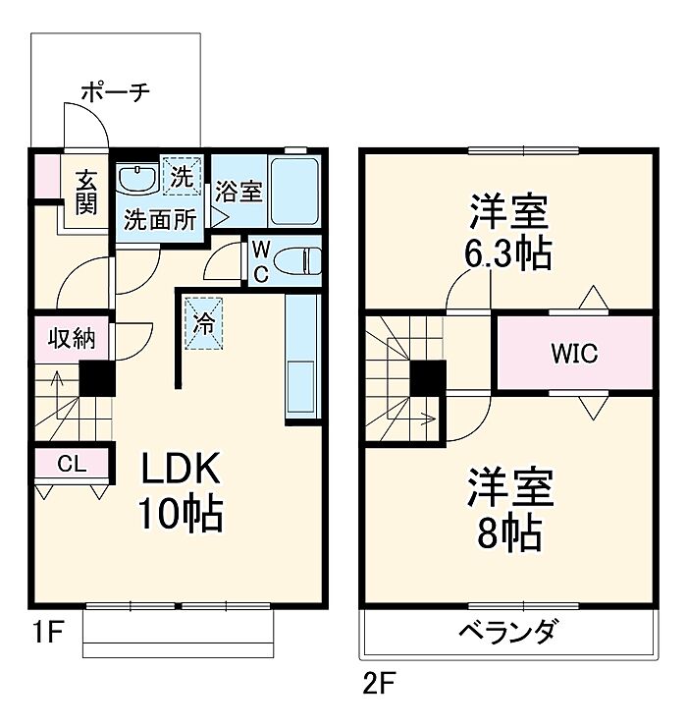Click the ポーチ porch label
click(x=116, y=91)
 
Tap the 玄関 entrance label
click(x=86, y=192)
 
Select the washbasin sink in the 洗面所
click(x=137, y=179)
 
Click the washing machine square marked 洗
click(x=182, y=176)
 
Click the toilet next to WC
click(x=297, y=261)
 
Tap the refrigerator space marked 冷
click(x=204, y=323)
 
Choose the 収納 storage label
click(x=72, y=339)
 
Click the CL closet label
click(x=72, y=463)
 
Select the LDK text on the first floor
click(x=182, y=469)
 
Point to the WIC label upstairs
click(x=574, y=354)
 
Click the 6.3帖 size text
click(x=508, y=253)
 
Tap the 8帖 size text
click(x=509, y=533)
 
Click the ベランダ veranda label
click(x=508, y=630)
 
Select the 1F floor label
click(x=48, y=632)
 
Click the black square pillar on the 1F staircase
click(x=97, y=378)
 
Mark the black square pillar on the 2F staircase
click(x=428, y=378)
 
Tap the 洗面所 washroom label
click(x=160, y=220)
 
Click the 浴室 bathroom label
click(x=238, y=191)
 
